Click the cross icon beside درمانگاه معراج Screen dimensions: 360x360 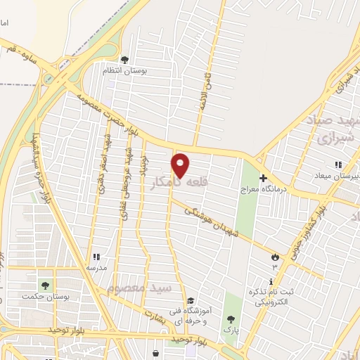[263, 178]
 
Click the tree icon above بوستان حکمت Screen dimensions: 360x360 [46, 285]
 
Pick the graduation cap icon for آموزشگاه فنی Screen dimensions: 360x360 [190, 301]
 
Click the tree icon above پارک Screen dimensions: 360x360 [231, 319]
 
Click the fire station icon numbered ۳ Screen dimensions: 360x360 [274, 257]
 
